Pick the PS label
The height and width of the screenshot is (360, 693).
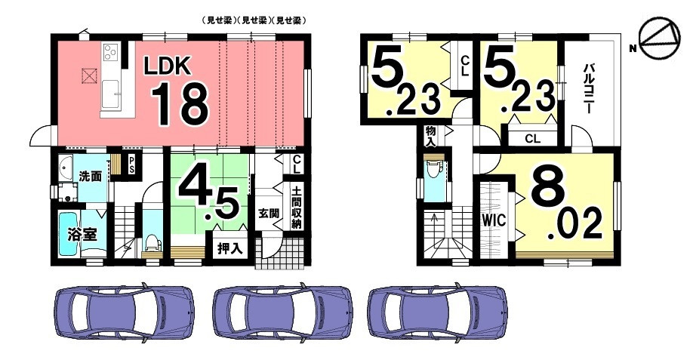pyautogui.click(x=131, y=165)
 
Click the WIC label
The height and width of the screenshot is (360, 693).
pyautogui.click(x=494, y=220)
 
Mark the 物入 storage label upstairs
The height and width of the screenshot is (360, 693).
pyautogui.click(x=431, y=137)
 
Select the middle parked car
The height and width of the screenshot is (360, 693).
pyautogui.click(x=282, y=312)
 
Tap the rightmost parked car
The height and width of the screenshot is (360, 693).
pyautogui.click(x=437, y=312)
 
